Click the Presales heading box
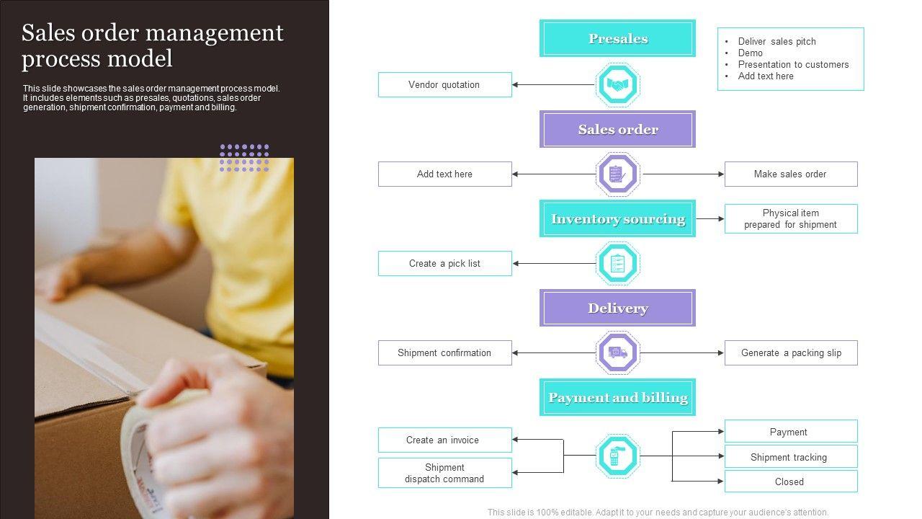click(617, 38)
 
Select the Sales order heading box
click(617, 129)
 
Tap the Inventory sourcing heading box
click(617, 218)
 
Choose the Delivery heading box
click(617, 308)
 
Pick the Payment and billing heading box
click(617, 397)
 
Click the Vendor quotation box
click(444, 84)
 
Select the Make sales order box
click(790, 174)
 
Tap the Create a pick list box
click(444, 263)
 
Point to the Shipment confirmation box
click(444, 352)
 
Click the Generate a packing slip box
click(790, 352)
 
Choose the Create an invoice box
click(444, 440)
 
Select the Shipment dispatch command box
click(444, 473)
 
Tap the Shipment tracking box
click(790, 457)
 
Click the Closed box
click(790, 482)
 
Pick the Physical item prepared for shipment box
click(790, 218)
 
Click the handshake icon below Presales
click(617, 84)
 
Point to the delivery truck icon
click(617, 352)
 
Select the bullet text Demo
click(750, 53)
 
